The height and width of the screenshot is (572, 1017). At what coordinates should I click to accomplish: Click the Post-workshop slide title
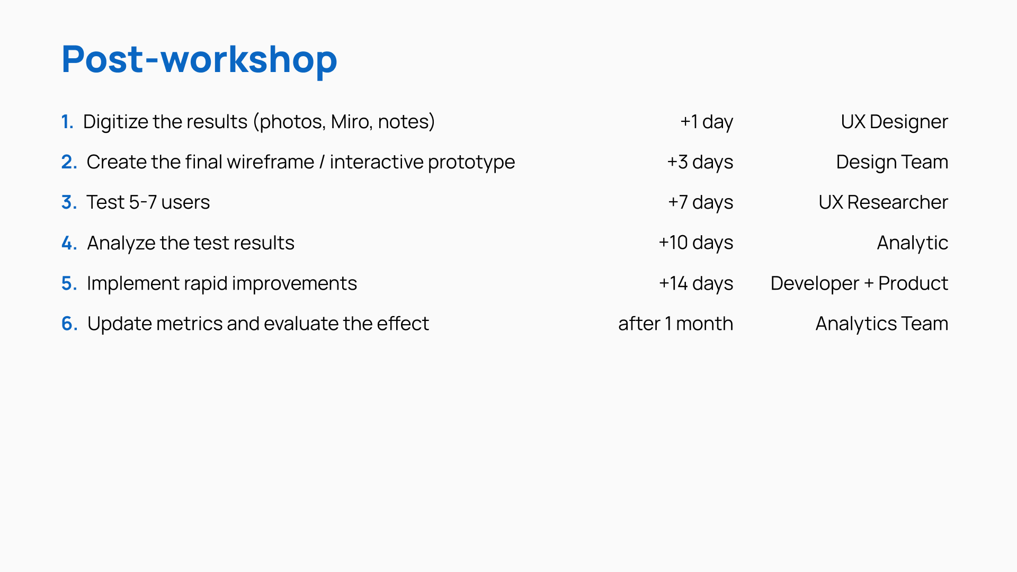[199, 60]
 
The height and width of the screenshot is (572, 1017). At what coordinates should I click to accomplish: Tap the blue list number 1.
[67, 122]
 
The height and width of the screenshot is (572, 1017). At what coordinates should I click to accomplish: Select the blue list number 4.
[69, 243]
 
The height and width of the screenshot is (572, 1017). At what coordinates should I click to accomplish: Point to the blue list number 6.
[70, 324]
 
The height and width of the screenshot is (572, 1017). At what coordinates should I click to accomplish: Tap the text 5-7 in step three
[142, 202]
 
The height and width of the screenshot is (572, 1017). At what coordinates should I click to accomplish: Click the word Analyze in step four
[121, 243]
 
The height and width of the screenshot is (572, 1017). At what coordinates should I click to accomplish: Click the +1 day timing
[707, 122]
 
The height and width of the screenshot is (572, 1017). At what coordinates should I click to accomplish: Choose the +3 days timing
[700, 163]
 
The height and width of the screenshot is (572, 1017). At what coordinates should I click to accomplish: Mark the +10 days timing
[696, 243]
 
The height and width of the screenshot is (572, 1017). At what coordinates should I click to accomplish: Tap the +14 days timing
[696, 284]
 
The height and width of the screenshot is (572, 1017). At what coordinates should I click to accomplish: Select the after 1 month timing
[676, 324]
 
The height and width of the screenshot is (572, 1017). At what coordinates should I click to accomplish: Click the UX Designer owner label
[894, 122]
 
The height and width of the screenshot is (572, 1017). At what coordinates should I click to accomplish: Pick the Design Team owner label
[892, 163]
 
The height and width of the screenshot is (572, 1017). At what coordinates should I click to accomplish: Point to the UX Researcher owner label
[883, 202]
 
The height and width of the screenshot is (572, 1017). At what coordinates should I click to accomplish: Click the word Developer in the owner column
[815, 284]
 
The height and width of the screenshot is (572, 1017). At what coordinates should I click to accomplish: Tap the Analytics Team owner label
[882, 324]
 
